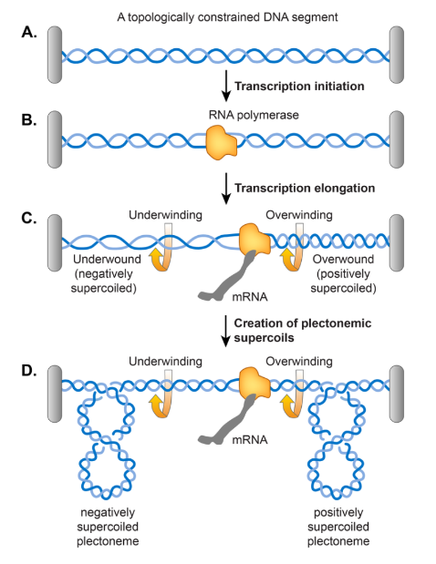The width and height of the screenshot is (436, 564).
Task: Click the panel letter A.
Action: tap(29, 33)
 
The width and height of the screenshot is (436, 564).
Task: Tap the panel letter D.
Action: tap(29, 371)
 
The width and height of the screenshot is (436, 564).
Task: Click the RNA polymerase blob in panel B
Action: tap(221, 142)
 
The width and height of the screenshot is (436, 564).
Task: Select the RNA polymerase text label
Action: tap(254, 115)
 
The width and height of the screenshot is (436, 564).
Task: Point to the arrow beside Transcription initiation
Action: tap(225, 86)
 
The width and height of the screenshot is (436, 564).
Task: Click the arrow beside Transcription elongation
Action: tap(225, 189)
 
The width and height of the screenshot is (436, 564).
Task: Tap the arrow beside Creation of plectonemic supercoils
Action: tap(225, 331)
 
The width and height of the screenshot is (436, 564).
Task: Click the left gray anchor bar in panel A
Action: tap(55, 55)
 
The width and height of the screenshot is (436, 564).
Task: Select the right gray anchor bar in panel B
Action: tap(397, 139)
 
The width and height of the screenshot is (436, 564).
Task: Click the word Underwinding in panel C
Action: tap(165, 215)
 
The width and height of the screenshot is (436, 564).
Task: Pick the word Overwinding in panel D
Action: tap(299, 361)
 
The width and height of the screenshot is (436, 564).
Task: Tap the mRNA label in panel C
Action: tap(250, 297)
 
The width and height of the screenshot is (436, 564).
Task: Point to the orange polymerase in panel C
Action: tap(254, 239)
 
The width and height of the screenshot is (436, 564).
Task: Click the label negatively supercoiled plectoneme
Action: tap(108, 527)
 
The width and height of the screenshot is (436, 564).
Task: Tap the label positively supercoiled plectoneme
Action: tap(338, 527)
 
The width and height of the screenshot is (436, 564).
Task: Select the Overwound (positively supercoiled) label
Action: tap(343, 273)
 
